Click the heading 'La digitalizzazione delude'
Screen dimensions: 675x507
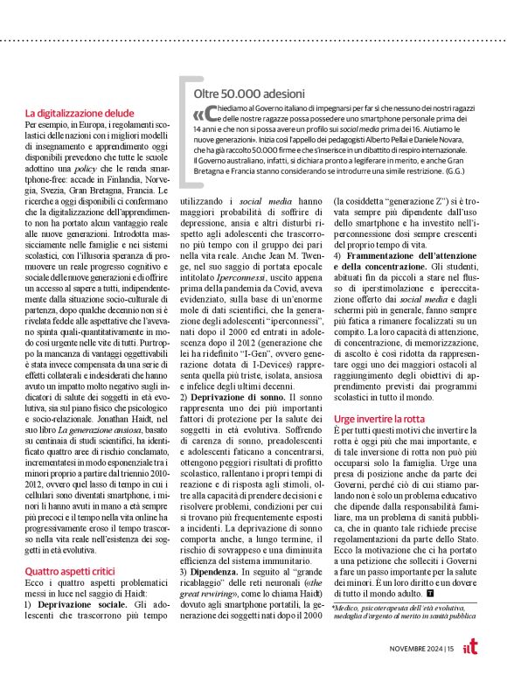pyautogui.click(x=79, y=113)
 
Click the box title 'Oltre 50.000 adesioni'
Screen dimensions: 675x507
pyautogui.click(x=249, y=93)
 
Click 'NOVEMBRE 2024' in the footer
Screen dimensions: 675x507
pyautogui.click(x=415, y=648)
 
